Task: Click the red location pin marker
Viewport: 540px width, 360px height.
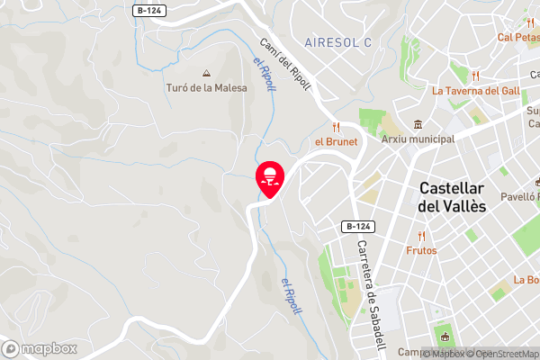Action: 270,177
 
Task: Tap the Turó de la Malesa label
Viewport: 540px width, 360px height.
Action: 206,87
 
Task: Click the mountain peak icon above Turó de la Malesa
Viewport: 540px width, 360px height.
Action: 206,73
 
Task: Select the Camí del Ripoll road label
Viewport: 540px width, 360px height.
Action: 284,65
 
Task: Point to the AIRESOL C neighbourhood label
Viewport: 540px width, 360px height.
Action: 337,42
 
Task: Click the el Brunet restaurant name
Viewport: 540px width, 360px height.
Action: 336,141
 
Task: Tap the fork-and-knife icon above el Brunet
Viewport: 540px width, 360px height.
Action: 336,127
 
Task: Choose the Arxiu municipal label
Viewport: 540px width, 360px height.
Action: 417,140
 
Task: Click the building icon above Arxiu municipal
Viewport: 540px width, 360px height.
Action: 417,124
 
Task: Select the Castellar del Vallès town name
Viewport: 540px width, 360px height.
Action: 452,197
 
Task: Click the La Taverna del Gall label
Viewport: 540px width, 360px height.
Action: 475,90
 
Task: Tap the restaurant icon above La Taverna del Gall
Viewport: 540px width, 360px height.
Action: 475,76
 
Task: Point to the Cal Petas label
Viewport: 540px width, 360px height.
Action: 517,38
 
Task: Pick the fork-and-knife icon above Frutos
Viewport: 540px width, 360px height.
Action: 421,235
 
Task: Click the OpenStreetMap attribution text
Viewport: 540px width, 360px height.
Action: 501,353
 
